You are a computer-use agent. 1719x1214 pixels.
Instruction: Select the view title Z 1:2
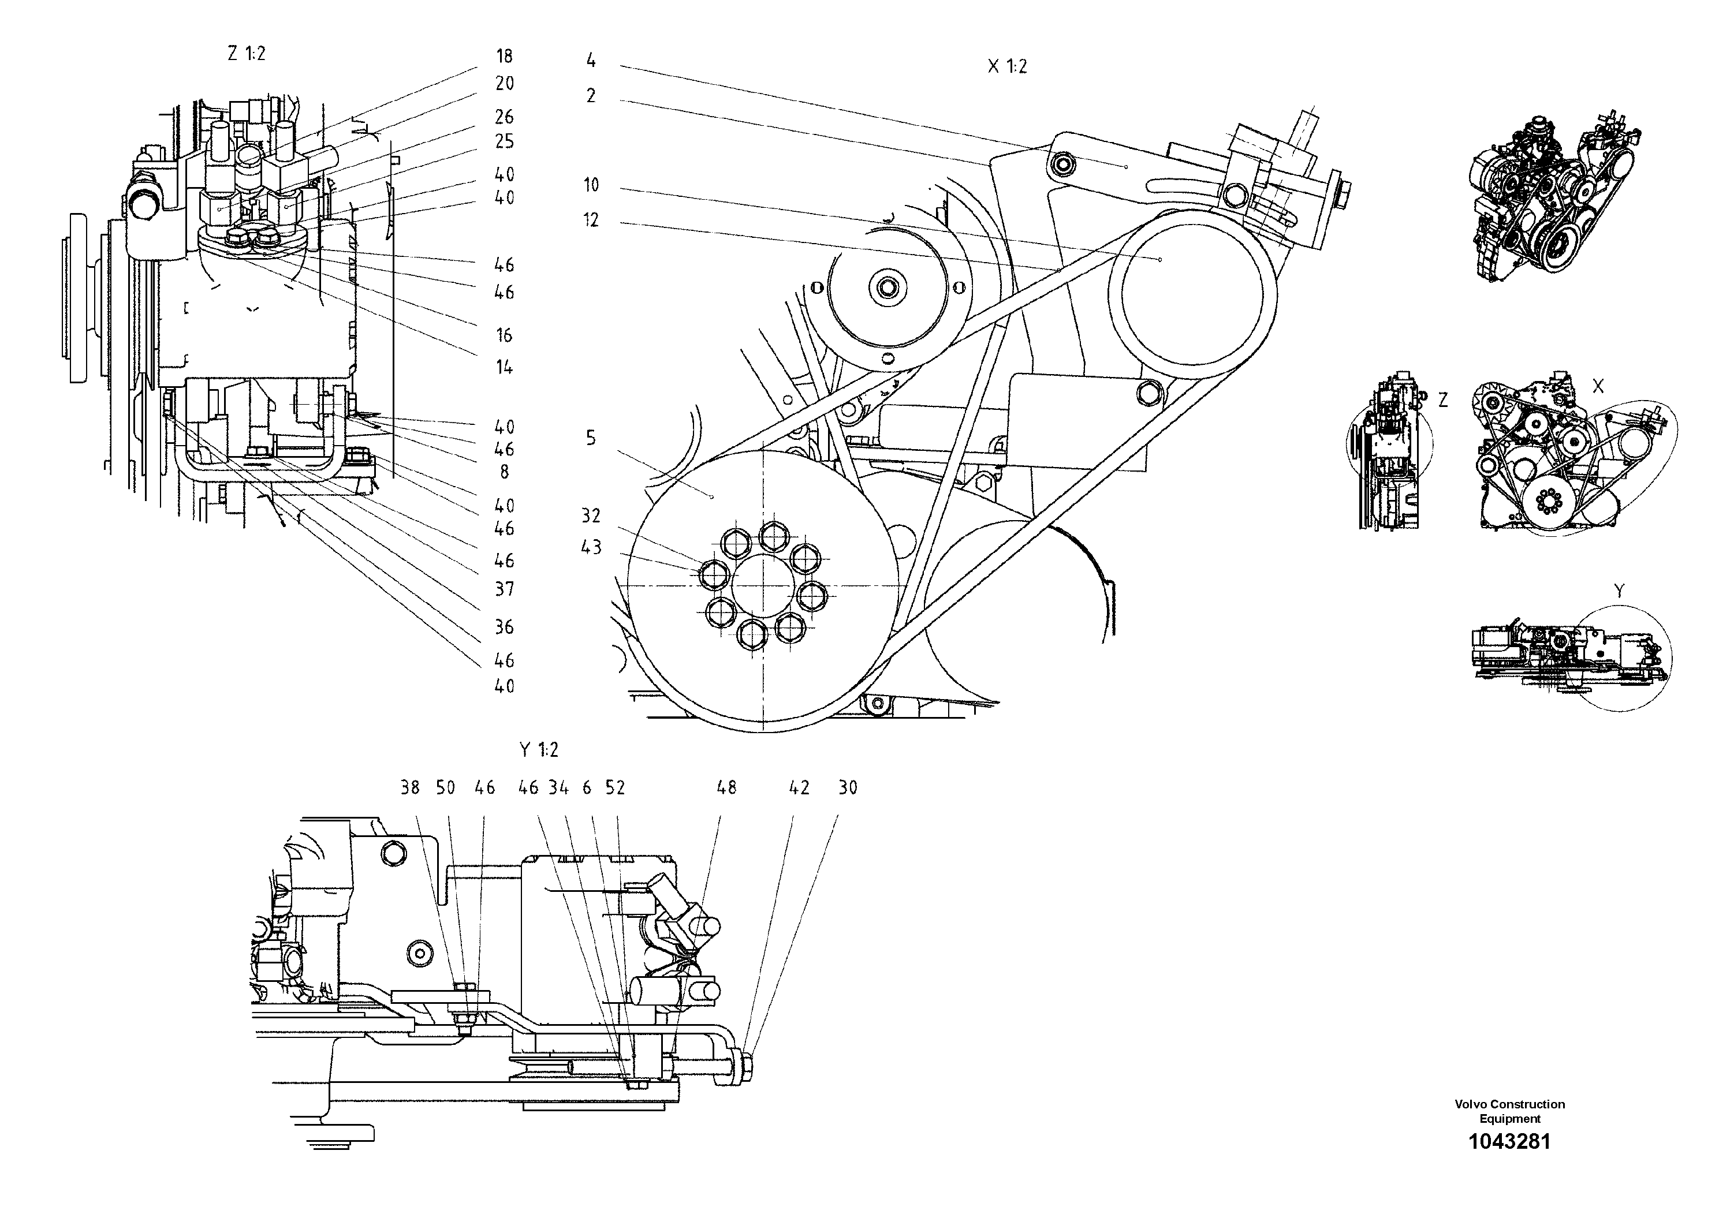pos(247,54)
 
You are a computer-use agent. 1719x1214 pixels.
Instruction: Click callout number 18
pos(504,56)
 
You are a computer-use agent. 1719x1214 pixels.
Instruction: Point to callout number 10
pos(591,185)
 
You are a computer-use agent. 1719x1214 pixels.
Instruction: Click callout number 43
pos(591,548)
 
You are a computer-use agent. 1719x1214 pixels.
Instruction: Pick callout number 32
pos(591,516)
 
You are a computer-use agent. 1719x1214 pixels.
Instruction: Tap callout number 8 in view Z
pos(504,472)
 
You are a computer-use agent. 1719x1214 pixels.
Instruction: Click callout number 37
pos(504,590)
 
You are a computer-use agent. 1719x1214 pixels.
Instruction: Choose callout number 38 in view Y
pos(409,787)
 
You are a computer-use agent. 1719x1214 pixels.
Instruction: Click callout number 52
pos(615,787)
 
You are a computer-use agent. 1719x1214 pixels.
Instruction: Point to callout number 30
pos(848,787)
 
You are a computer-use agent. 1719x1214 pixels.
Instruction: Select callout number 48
pos(726,787)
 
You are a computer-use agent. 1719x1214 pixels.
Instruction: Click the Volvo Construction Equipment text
pos(1509,1111)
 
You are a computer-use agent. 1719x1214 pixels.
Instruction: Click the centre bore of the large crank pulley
pos(762,586)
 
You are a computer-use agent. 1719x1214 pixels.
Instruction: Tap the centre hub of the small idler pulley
pos(889,288)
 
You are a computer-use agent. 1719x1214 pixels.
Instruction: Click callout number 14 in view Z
pos(504,368)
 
